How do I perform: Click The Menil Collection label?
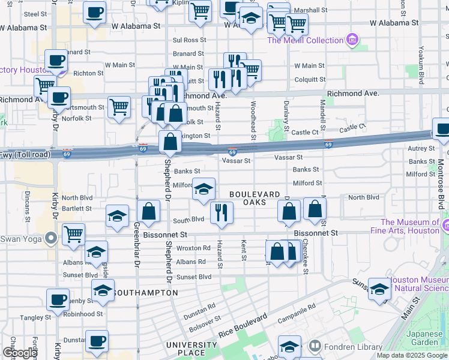click(304, 40)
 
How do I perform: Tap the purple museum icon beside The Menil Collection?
click(352, 41)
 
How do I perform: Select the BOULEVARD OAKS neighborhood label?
click(255, 198)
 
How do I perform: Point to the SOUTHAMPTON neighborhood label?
click(145, 293)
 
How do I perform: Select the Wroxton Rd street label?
click(193, 248)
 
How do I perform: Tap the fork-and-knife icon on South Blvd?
click(222, 212)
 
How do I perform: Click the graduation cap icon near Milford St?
click(204, 189)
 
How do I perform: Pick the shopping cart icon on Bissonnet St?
click(73, 234)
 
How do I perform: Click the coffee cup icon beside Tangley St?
click(58, 299)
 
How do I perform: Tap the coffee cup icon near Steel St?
click(94, 13)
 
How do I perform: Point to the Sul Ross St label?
click(189, 40)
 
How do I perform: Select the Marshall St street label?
click(310, 10)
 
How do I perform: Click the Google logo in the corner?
click(19, 353)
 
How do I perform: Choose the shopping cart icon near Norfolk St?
click(119, 107)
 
